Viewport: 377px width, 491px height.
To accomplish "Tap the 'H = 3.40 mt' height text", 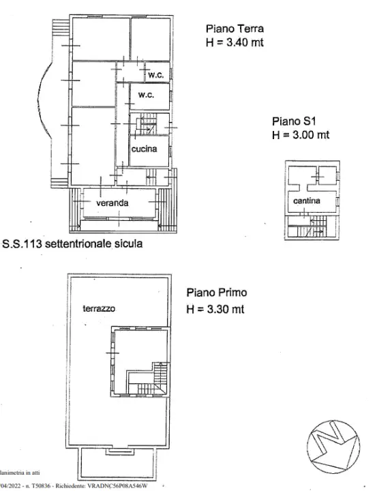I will (235, 42).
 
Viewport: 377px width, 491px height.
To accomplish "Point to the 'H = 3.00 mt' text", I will (300, 135).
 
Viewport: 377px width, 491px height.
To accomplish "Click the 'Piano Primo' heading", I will (217, 293).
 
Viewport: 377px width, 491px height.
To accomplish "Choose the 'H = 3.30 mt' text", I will (215, 309).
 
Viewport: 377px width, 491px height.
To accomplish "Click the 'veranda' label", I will (112, 203).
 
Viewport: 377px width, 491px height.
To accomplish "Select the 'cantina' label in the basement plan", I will (306, 201).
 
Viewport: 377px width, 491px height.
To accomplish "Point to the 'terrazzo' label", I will (99, 309).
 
